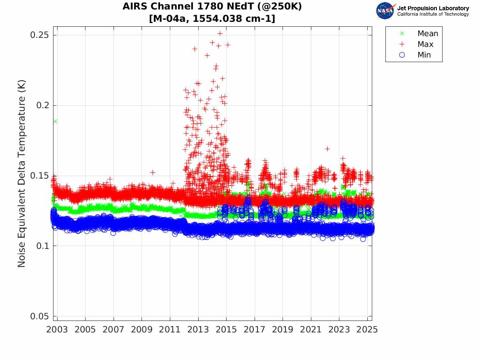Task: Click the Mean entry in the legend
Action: (427, 34)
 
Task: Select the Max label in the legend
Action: (425, 44)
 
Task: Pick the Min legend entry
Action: (424, 55)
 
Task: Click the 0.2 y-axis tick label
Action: (42, 105)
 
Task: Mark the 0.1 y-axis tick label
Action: (42, 246)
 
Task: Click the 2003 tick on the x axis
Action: (57, 330)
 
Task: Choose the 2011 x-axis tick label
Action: (170, 330)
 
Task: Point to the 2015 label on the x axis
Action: (226, 330)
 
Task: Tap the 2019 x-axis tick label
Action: (283, 330)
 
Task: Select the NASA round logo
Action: (385, 10)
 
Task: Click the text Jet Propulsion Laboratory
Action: (433, 8)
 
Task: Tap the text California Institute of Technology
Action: (433, 14)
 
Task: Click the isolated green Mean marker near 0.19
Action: (55, 121)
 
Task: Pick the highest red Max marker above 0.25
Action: (220, 33)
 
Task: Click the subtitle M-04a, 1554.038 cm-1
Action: (212, 19)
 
